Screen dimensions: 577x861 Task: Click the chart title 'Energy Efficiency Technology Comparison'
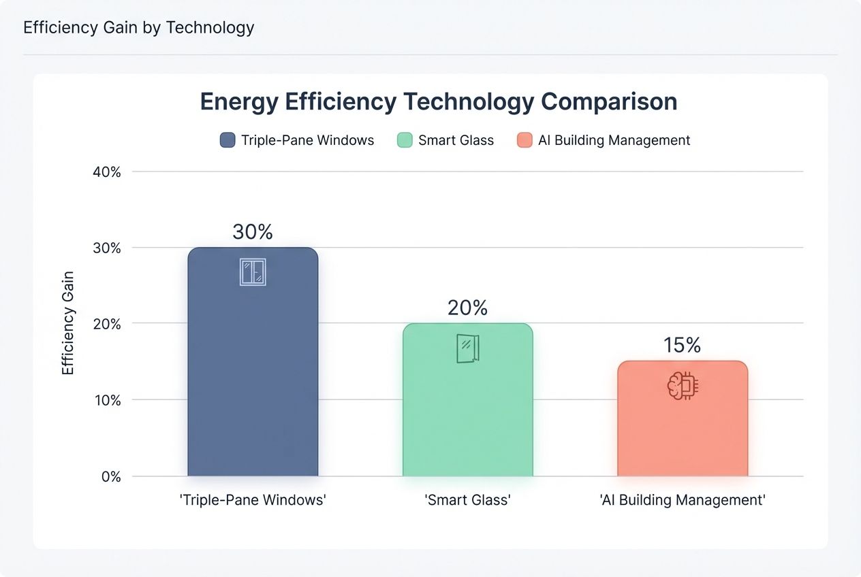point(438,102)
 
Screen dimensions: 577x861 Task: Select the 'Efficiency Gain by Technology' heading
point(138,27)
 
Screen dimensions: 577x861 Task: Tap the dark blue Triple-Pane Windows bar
point(253,374)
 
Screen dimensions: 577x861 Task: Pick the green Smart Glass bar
point(467,408)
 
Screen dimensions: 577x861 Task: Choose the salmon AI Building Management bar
point(683,429)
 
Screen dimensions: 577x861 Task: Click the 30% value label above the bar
point(253,232)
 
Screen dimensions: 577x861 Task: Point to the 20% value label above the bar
point(467,308)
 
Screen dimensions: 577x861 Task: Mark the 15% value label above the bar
point(683,346)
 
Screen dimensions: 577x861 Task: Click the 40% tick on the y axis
point(107,172)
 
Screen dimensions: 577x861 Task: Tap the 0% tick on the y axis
point(111,476)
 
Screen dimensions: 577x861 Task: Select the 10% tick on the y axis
point(107,400)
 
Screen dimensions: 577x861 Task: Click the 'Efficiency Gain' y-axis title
point(68,323)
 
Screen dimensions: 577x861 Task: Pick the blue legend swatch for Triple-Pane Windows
point(228,140)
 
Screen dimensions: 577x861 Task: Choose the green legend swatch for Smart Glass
point(405,140)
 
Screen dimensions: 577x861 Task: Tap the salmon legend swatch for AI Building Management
point(524,140)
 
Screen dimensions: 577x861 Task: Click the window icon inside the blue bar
point(253,271)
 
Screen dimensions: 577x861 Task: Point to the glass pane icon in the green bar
point(467,348)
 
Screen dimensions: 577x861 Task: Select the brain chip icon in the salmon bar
point(683,386)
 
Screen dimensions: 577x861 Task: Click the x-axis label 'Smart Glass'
point(467,500)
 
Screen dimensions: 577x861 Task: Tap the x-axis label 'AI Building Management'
point(683,500)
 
